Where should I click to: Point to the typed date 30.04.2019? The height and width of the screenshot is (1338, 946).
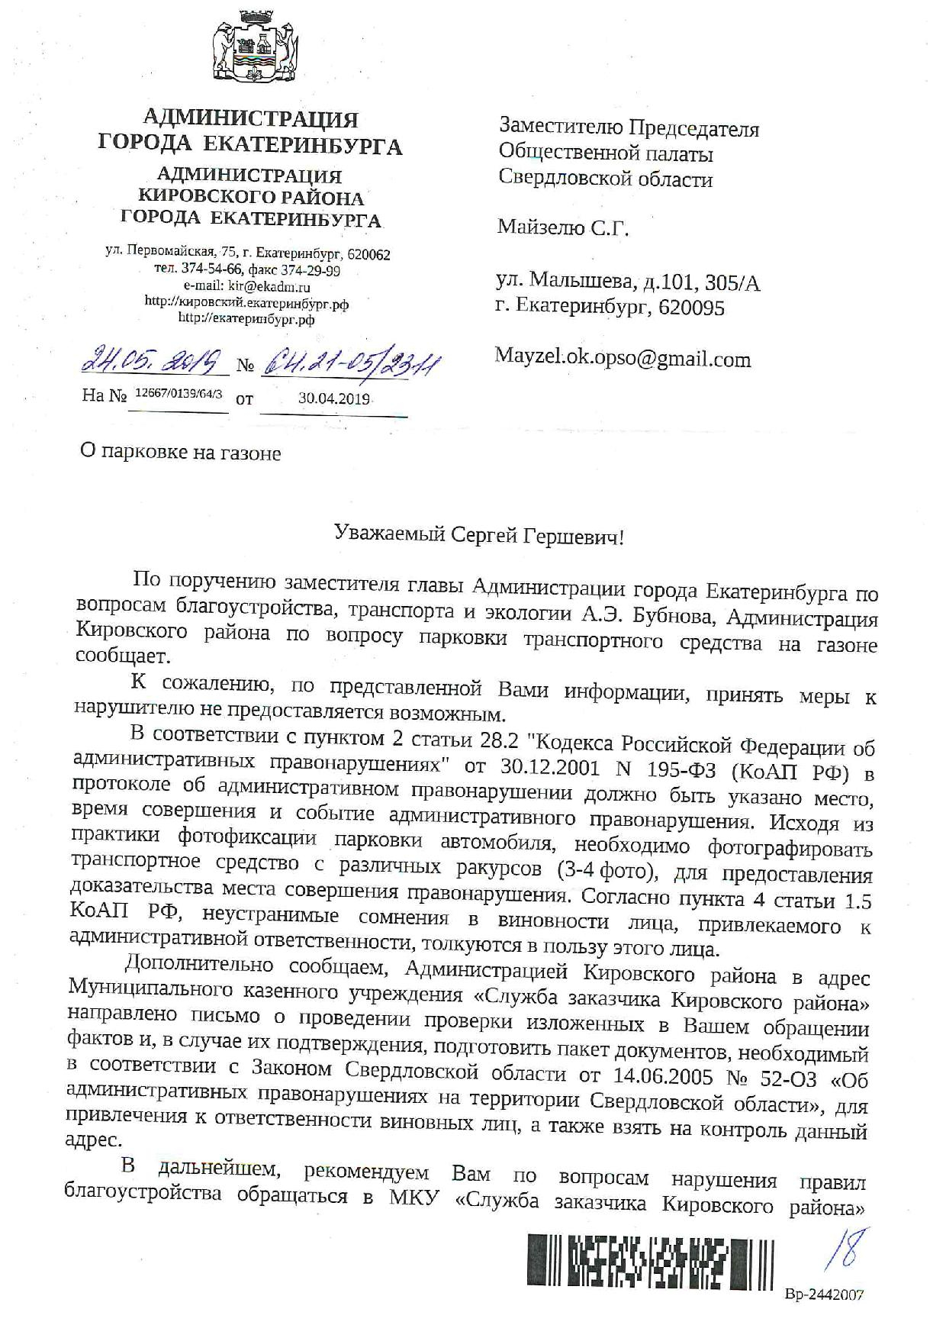pyautogui.click(x=334, y=398)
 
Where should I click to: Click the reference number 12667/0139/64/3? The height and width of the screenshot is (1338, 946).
pyautogui.click(x=178, y=395)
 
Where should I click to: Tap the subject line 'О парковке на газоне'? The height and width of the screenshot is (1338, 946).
pyautogui.click(x=181, y=453)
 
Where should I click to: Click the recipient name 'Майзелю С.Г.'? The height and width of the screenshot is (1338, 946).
pyautogui.click(x=564, y=227)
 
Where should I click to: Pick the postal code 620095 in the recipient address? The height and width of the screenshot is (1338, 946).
pyautogui.click(x=693, y=308)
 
